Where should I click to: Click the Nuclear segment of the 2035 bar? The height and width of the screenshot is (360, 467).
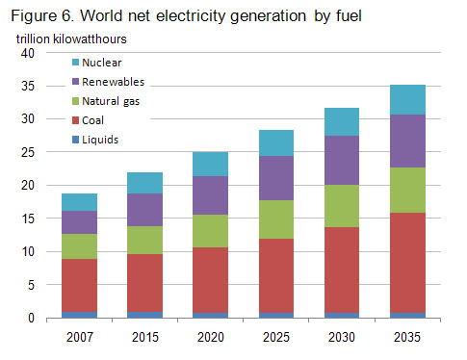407,99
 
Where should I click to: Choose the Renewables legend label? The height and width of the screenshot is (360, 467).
115,83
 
